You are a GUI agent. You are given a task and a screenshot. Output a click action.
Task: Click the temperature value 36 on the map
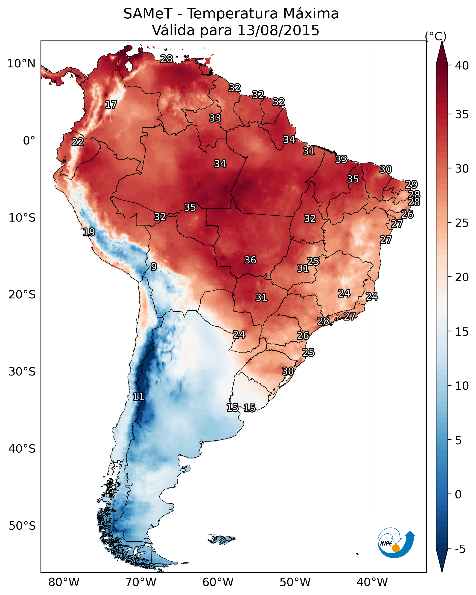tap(250, 260)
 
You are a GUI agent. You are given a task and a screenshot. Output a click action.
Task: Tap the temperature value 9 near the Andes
tap(154, 267)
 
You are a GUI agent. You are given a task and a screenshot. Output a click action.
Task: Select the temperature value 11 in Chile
tap(138, 397)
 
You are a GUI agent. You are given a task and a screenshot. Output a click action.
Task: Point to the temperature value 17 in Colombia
tap(111, 105)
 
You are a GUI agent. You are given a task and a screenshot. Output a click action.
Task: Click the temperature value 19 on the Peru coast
tap(89, 232)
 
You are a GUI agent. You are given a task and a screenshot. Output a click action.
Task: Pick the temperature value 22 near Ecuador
tap(78, 142)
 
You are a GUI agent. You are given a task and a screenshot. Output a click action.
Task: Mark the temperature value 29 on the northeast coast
tap(411, 184)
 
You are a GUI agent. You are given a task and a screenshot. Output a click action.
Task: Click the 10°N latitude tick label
tap(21, 64)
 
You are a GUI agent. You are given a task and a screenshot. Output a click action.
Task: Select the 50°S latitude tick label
tap(22, 526)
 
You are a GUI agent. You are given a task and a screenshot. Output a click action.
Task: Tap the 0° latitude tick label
tap(29, 141)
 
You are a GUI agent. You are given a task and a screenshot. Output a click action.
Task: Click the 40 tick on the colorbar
tap(462, 66)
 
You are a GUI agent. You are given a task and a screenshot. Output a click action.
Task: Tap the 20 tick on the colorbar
tap(462, 277)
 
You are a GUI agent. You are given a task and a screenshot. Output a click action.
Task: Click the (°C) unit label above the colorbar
tap(436, 36)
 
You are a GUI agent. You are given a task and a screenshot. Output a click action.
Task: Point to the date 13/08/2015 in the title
tap(278, 30)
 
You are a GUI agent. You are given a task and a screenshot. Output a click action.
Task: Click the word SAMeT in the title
tap(148, 14)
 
